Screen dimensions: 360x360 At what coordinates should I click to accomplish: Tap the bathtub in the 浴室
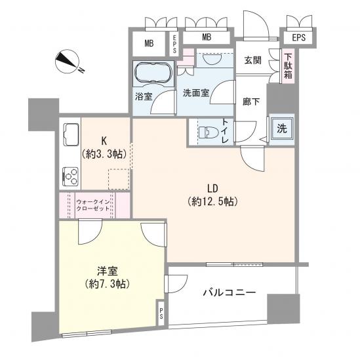coord(153,73)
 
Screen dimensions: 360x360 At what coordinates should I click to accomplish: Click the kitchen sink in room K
coord(70,138)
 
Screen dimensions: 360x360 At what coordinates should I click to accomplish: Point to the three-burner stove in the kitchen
coord(70,176)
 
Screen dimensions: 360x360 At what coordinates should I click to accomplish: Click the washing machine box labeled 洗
coord(280,129)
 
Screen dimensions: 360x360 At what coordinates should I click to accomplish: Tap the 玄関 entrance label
coord(253,61)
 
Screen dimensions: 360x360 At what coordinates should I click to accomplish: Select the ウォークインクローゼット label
coord(92,205)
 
